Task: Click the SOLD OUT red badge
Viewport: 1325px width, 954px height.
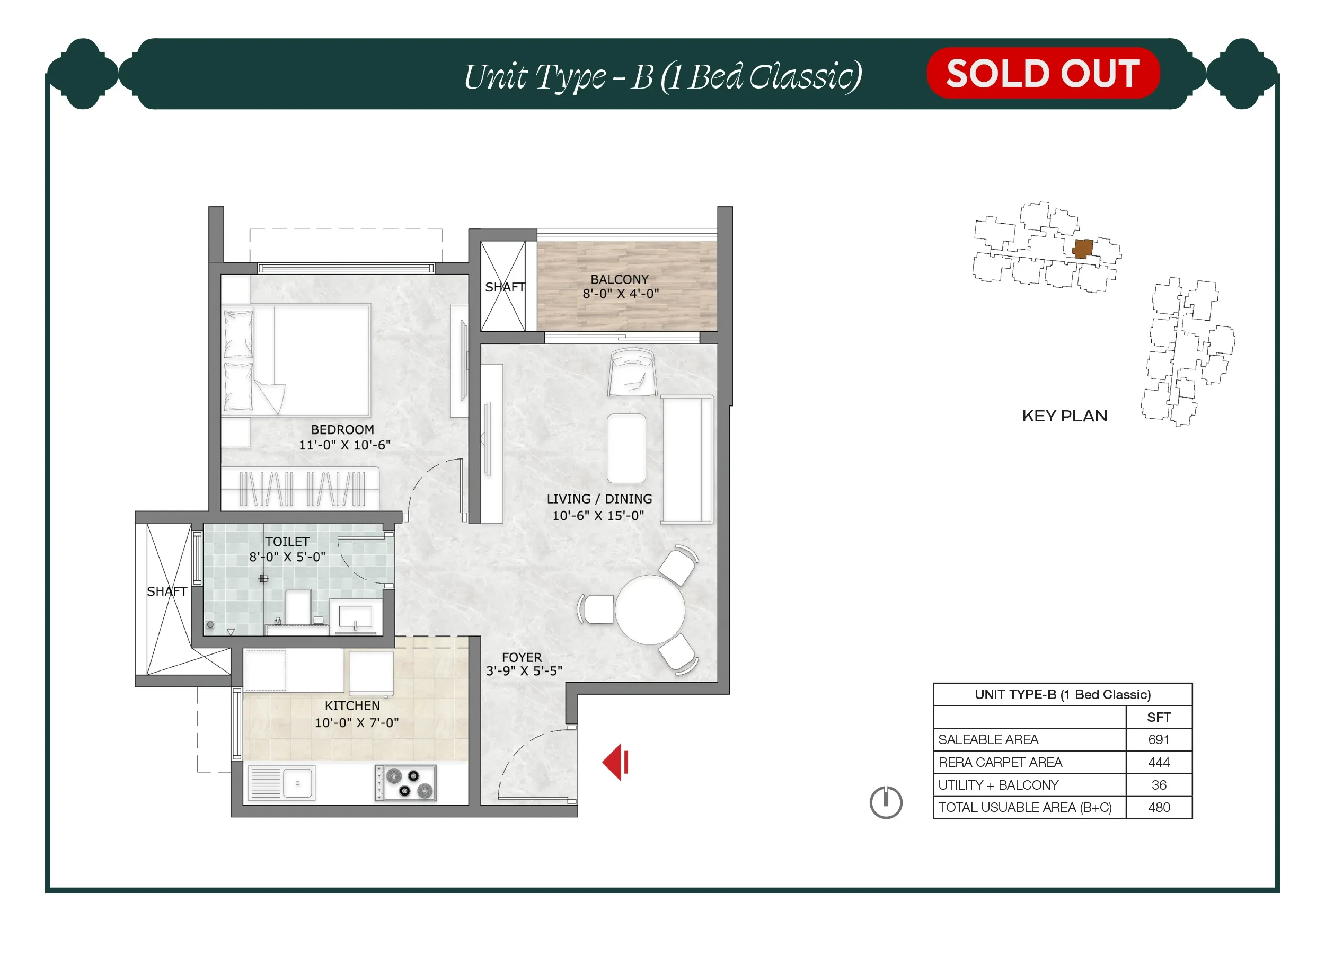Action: pyautogui.click(x=1043, y=73)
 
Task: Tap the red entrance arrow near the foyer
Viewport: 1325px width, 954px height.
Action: pyautogui.click(x=615, y=762)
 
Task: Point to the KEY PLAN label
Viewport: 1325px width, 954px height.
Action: pyautogui.click(x=1064, y=416)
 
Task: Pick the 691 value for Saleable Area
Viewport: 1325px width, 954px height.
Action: pyautogui.click(x=1159, y=739)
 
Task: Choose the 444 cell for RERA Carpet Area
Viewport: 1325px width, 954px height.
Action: pyautogui.click(x=1159, y=762)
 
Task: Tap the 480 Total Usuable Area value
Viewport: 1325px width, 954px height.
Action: pyautogui.click(x=1159, y=807)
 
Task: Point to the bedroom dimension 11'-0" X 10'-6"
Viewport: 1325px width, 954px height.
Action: pyautogui.click(x=344, y=445)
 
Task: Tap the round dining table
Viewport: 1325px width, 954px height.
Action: pyautogui.click(x=650, y=609)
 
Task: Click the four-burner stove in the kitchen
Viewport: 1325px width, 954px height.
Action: pyautogui.click(x=405, y=783)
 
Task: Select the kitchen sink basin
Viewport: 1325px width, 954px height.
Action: pyautogui.click(x=297, y=783)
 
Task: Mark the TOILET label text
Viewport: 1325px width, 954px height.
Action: pyautogui.click(x=287, y=542)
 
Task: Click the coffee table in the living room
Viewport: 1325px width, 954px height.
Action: pyautogui.click(x=626, y=448)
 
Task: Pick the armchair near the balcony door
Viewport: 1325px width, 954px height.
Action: pyautogui.click(x=632, y=372)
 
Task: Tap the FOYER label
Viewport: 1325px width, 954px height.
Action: pyautogui.click(x=522, y=657)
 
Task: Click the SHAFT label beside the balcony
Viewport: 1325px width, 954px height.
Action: pyautogui.click(x=505, y=287)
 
